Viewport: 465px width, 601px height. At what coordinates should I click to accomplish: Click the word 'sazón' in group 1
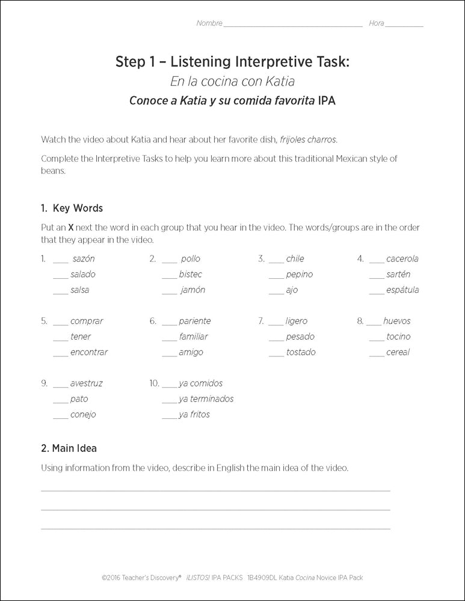pos(84,259)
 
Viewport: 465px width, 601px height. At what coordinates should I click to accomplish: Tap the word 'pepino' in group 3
pos(300,275)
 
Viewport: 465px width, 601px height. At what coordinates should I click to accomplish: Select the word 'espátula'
pos(402,290)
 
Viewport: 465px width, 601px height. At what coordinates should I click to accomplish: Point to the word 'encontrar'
pos(89,353)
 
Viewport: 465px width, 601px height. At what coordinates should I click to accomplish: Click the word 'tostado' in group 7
pos(301,353)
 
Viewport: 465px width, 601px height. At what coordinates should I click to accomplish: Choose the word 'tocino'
pos(398,337)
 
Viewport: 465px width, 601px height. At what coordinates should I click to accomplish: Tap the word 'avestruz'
pos(86,383)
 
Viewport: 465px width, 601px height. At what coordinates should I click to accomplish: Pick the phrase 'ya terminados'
pos(206,399)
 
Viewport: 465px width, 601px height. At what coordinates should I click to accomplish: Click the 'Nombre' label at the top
pos(209,23)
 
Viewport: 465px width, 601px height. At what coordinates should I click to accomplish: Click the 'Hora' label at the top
pos(377,23)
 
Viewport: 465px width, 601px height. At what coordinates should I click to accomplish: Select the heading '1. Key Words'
pos(72,209)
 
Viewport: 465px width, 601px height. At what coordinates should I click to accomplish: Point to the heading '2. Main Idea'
pos(69,448)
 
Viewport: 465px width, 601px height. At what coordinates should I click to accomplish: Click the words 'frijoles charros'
pos(308,139)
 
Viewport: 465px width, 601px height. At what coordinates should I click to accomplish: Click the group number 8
pos(360,322)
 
